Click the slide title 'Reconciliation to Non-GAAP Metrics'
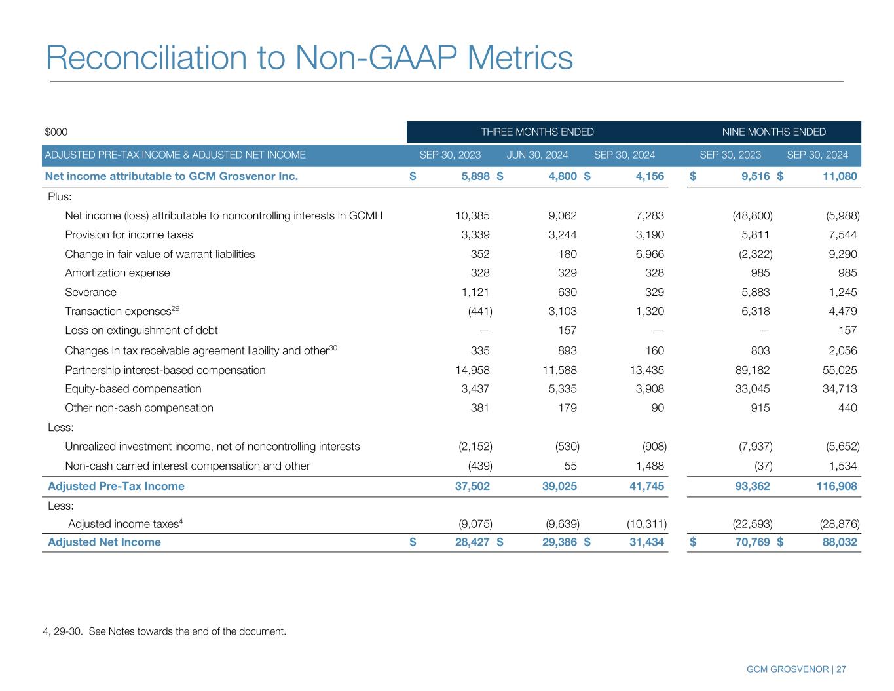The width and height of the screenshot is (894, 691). pyautogui.click(x=309, y=58)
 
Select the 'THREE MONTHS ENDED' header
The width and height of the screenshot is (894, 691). pyautogui.click(x=537, y=132)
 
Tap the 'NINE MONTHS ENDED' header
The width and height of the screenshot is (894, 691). pyautogui.click(x=773, y=132)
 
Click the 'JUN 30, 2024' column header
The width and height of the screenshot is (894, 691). pyautogui.click(x=537, y=155)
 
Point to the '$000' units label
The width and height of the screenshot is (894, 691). pyautogui.click(x=56, y=132)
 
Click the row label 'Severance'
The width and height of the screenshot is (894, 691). pyautogui.click(x=90, y=292)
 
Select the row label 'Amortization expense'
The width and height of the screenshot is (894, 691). pyautogui.click(x=117, y=273)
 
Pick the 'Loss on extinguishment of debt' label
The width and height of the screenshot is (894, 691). pyautogui.click(x=141, y=331)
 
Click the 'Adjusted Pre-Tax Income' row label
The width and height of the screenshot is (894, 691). pyautogui.click(x=116, y=486)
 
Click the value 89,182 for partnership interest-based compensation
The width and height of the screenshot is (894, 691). pyautogui.click(x=749, y=370)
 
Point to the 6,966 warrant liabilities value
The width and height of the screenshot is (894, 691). pyautogui.click(x=650, y=254)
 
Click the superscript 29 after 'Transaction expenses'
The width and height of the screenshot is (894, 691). pyautogui.click(x=176, y=308)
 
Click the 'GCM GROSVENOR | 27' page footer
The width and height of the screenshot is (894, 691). pyautogui.click(x=796, y=669)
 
